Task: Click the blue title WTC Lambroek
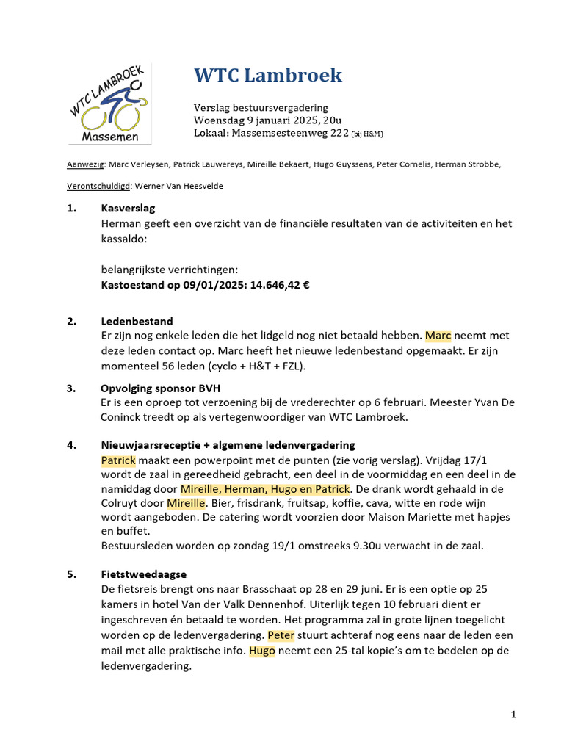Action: (x=268, y=75)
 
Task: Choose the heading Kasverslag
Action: (x=128, y=209)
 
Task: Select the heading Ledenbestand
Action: (x=137, y=321)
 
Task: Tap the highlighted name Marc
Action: (x=438, y=336)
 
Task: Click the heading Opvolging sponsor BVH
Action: (x=160, y=388)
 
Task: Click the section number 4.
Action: (x=70, y=444)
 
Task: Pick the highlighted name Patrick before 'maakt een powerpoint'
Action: (x=118, y=460)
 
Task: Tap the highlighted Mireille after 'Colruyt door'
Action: (x=188, y=503)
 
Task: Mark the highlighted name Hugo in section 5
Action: (x=262, y=651)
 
